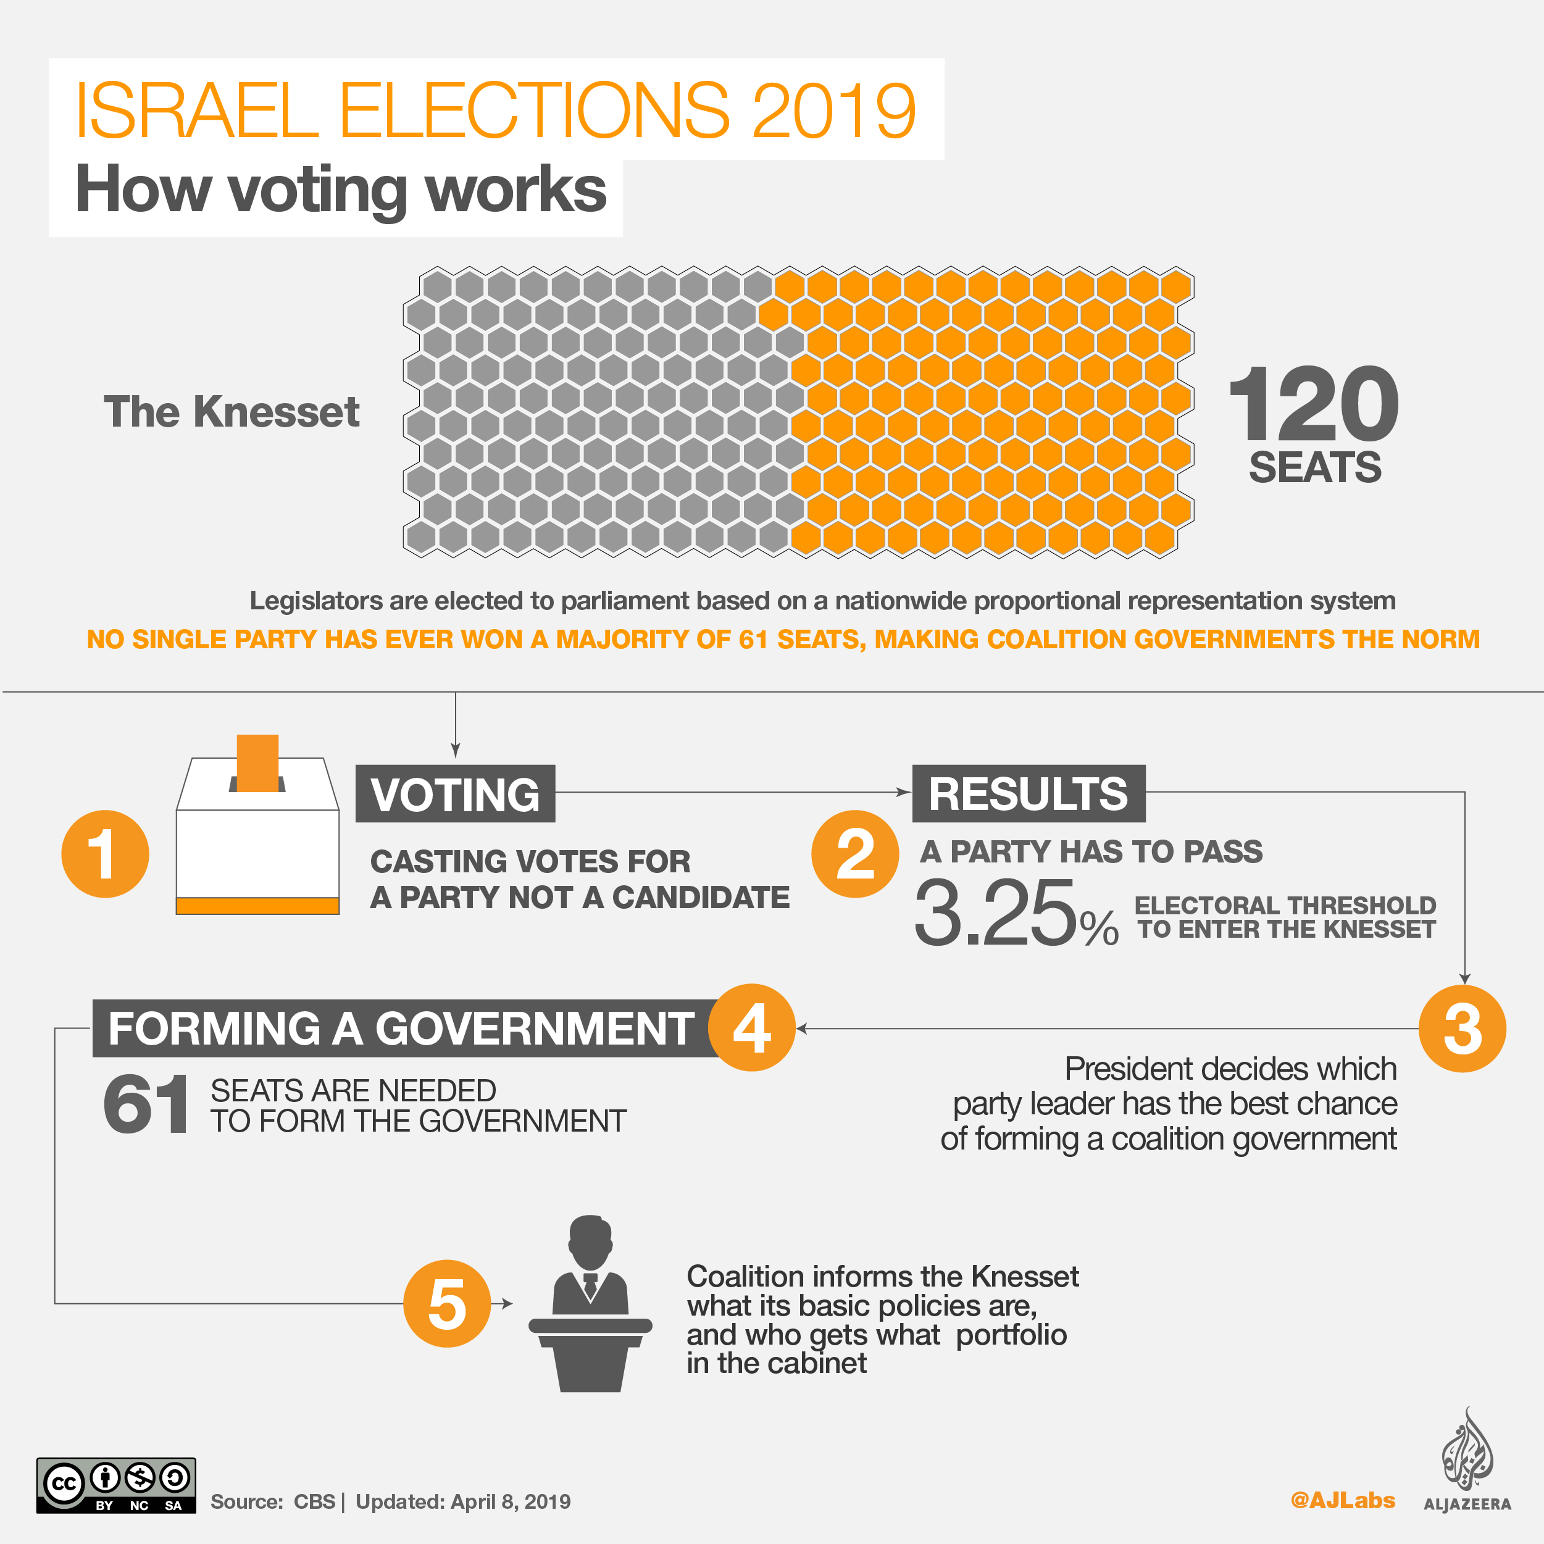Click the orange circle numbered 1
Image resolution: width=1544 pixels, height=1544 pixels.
pyautogui.click(x=105, y=854)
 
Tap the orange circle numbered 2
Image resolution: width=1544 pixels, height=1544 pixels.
pyautogui.click(x=854, y=854)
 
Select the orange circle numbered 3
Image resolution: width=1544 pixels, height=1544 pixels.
pyautogui.click(x=1462, y=1029)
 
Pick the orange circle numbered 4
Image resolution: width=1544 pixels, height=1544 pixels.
pyautogui.click(x=752, y=1027)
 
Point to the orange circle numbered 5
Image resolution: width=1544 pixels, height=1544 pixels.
pyautogui.click(x=447, y=1303)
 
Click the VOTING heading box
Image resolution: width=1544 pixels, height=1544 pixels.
pyautogui.click(x=455, y=793)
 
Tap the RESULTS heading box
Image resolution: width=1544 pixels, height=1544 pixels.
pyautogui.click(x=1028, y=793)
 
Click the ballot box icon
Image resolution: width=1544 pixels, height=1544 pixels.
pyautogui.click(x=257, y=835)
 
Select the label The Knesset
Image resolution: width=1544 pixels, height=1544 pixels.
pyautogui.click(x=232, y=412)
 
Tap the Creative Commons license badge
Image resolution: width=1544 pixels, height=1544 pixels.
pyautogui.click(x=116, y=1485)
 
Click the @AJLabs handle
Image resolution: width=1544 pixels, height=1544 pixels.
pyautogui.click(x=1343, y=1500)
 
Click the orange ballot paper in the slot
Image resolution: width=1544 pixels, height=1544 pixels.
pyautogui.click(x=257, y=762)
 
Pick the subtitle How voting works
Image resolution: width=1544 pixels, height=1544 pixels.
pyautogui.click(x=340, y=190)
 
